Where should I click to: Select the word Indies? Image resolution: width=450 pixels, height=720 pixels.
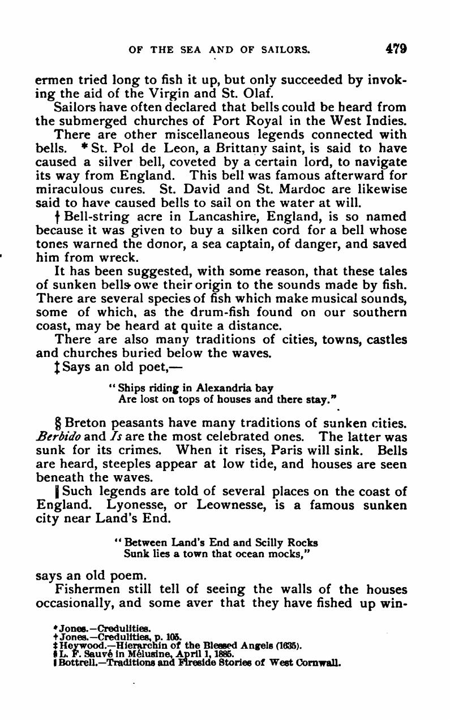[x=386, y=120]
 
